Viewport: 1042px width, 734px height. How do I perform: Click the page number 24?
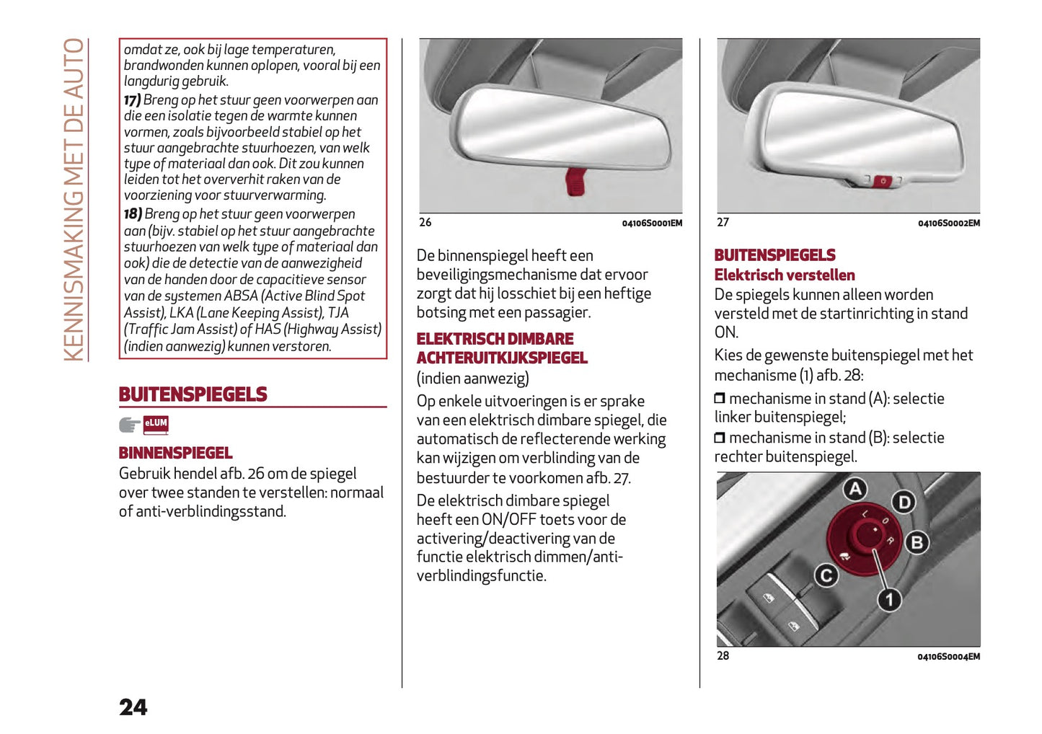tap(133, 707)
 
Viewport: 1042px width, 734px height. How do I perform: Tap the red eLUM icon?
tap(156, 425)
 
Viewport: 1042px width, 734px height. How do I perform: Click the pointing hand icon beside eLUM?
tap(130, 425)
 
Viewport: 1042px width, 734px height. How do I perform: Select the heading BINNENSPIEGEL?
tap(175, 453)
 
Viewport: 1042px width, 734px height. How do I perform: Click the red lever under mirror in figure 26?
tap(575, 181)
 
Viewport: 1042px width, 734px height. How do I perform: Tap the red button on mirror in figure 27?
tap(883, 180)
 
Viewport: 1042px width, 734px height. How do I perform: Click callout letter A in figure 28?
tap(855, 490)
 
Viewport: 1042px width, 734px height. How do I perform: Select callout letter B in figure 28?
tap(917, 542)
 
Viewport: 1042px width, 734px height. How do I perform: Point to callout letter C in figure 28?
tap(826, 575)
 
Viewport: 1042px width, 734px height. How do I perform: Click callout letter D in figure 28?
tap(903, 502)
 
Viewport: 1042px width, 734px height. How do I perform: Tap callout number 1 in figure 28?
tap(889, 599)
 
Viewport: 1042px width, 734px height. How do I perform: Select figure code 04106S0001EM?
tap(652, 224)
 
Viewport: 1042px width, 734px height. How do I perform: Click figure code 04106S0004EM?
tap(948, 657)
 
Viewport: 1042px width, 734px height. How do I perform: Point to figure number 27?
tap(723, 223)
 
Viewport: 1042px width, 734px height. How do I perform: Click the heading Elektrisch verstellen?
tap(785, 275)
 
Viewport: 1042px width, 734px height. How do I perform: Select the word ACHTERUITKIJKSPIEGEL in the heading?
tap(502, 358)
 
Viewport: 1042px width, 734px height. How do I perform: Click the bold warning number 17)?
tap(132, 100)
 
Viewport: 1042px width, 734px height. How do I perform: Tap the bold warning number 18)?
tap(133, 214)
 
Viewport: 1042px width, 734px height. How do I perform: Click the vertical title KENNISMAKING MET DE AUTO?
tap(74, 199)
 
